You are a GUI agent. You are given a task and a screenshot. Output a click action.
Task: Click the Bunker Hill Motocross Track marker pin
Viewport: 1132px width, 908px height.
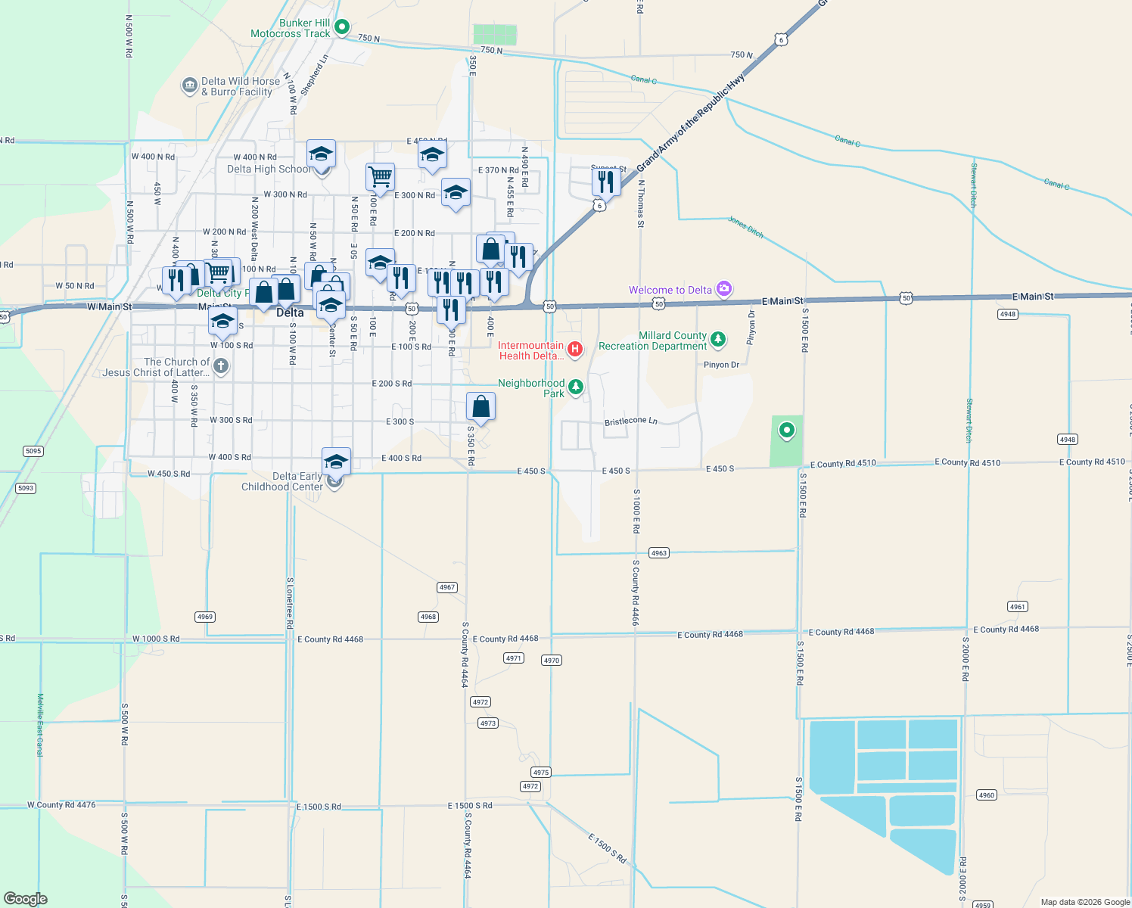click(x=341, y=27)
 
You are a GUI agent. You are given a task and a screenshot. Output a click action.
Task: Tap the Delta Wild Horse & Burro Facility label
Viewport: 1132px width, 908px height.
click(x=240, y=86)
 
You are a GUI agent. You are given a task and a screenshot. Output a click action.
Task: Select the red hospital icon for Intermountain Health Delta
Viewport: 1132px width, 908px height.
click(x=575, y=349)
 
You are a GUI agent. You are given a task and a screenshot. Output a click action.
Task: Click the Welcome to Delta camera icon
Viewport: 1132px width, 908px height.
click(x=724, y=288)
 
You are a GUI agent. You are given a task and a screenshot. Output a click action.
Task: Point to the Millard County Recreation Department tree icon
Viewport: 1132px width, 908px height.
click(x=718, y=339)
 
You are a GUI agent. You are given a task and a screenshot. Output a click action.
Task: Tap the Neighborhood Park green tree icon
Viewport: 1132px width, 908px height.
click(x=576, y=387)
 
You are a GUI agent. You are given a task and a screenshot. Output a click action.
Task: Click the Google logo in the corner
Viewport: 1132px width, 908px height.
click(x=26, y=899)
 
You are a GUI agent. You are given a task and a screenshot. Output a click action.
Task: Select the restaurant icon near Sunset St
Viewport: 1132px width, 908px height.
click(x=605, y=182)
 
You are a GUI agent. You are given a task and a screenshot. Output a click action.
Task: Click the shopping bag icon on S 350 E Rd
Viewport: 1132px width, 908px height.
click(x=480, y=407)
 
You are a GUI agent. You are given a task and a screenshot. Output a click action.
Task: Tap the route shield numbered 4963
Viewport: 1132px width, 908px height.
click(x=659, y=553)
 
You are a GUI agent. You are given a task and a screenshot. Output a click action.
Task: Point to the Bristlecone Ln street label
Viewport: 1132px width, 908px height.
click(x=630, y=421)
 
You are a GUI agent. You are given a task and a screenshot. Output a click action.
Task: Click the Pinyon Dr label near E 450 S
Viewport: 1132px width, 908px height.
click(x=722, y=365)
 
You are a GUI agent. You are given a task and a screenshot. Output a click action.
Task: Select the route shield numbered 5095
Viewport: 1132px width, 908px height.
click(x=33, y=451)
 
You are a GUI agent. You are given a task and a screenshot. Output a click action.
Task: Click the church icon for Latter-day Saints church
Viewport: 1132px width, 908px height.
click(x=221, y=367)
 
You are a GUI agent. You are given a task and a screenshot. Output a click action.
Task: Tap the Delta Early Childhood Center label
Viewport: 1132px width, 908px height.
click(x=282, y=481)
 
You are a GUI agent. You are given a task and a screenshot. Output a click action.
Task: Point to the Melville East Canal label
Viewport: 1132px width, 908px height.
click(x=40, y=725)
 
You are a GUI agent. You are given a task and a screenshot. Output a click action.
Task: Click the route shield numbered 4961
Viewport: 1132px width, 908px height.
click(x=1018, y=607)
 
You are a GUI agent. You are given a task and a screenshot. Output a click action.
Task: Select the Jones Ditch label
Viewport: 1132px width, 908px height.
click(x=745, y=227)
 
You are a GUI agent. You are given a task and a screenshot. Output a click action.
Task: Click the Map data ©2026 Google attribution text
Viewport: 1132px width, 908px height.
click(x=1084, y=902)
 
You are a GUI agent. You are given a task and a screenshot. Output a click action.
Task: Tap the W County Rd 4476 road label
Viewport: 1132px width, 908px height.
click(x=61, y=805)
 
